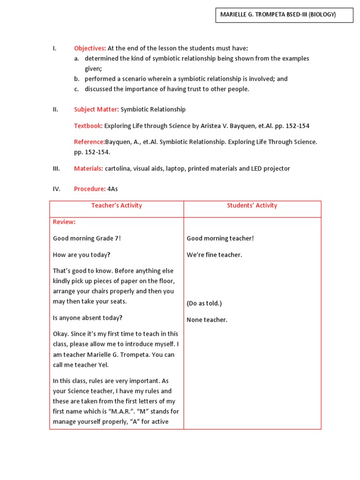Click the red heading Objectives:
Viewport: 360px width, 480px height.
point(90,48)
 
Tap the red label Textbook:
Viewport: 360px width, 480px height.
point(88,126)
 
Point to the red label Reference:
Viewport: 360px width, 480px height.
point(89,142)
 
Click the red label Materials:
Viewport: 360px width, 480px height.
point(89,168)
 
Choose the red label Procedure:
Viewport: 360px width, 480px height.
point(90,189)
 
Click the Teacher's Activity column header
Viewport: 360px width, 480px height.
point(116,206)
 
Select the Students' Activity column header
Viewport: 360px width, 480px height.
point(252,206)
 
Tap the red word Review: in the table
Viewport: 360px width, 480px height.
point(64,222)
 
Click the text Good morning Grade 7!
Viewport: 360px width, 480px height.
point(87,238)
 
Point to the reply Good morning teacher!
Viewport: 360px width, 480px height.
point(220,238)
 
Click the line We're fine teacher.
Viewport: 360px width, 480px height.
point(214,255)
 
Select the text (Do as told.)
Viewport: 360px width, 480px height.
point(204,303)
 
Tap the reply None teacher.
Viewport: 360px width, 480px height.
point(207,320)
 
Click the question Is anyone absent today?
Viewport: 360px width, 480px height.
point(88,318)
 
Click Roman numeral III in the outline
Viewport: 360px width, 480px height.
point(56,168)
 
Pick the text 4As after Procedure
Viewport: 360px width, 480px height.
point(112,189)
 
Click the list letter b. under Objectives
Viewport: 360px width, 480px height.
point(76,79)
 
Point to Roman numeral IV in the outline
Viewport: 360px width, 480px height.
point(56,189)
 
